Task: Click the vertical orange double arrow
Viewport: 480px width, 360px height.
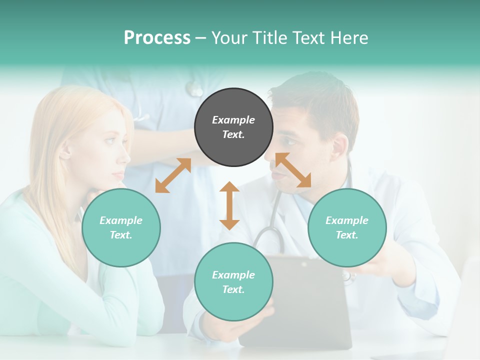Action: pyautogui.click(x=229, y=205)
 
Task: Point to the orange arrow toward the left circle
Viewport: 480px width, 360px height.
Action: pyautogui.click(x=173, y=175)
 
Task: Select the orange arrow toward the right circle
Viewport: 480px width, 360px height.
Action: pyautogui.click(x=293, y=170)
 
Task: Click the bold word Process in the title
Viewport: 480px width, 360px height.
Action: pyautogui.click(x=157, y=37)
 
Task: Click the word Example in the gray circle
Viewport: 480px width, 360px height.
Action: pyautogui.click(x=233, y=120)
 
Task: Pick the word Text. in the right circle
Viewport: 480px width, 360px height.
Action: pyautogui.click(x=347, y=235)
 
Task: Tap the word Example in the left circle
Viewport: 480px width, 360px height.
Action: pyautogui.click(x=121, y=220)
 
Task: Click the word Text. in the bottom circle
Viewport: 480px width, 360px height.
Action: pyautogui.click(x=233, y=289)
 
